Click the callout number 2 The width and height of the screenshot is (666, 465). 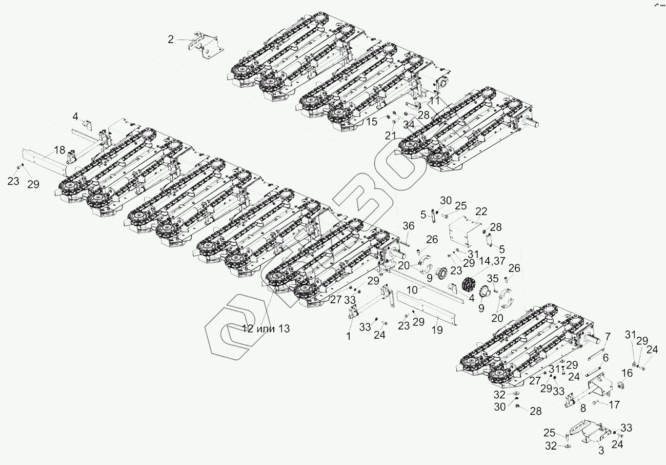(171, 40)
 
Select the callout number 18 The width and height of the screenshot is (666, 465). (59, 150)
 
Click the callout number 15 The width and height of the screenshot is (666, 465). (371, 122)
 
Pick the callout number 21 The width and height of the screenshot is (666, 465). (391, 135)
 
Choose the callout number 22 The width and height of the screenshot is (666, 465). (481, 212)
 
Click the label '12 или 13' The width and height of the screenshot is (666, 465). (266, 328)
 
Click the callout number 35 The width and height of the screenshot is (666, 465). (492, 279)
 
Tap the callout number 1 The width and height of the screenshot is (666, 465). (349, 336)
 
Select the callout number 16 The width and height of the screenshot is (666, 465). (628, 373)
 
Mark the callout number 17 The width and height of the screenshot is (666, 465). (614, 405)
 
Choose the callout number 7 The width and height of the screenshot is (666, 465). (608, 337)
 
